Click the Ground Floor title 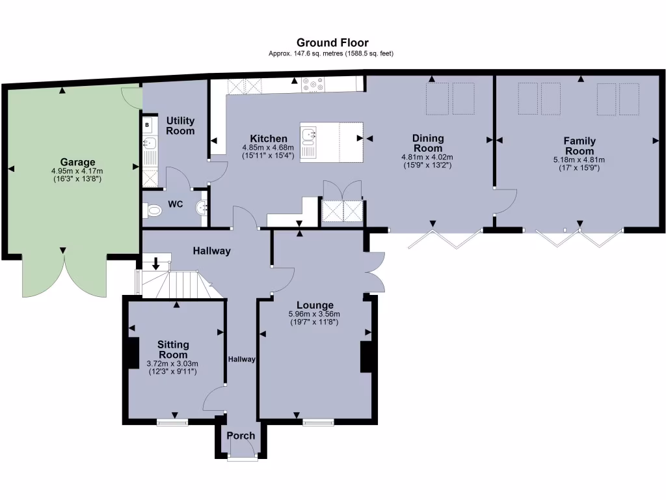click(332, 43)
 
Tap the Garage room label click(78, 162)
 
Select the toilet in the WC click(153, 210)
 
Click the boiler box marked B click(147, 124)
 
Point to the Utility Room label click(180, 126)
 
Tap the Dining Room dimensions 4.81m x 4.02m click(427, 157)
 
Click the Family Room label click(579, 146)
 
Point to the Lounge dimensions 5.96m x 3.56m click(315, 314)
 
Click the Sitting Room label click(173, 350)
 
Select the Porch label click(241, 436)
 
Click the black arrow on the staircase click(157, 264)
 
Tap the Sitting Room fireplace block click(132, 354)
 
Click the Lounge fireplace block click(366, 357)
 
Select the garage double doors click(64, 273)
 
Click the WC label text click(176, 204)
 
